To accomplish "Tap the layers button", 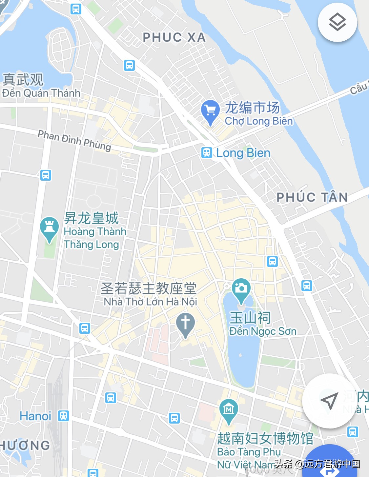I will [337, 22].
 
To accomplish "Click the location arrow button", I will [329, 401].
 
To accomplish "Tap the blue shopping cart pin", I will [210, 111].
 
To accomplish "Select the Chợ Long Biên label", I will [258, 121].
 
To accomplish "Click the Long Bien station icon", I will [207, 152].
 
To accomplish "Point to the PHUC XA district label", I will [174, 37].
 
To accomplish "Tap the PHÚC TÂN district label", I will [312, 197].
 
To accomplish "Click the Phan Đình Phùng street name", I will [74, 140].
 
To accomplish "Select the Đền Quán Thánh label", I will [41, 93].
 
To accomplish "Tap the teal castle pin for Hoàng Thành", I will [49, 228].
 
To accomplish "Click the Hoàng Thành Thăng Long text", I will [95, 238].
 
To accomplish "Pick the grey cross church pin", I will [185, 324].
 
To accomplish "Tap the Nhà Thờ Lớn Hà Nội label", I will [150, 302].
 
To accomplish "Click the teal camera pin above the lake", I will [241, 290].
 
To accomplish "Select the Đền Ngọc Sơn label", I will [263, 331].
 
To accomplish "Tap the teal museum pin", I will [229, 410].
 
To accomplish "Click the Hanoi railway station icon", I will [63, 416].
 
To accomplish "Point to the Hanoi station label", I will [35, 416].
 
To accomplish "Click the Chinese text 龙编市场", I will [252, 108].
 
